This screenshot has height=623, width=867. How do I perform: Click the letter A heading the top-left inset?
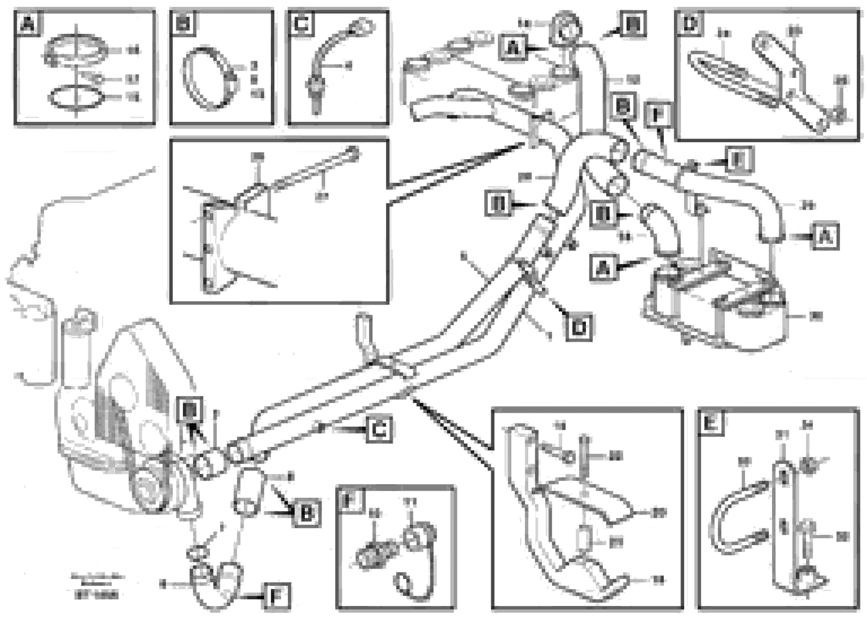(27, 24)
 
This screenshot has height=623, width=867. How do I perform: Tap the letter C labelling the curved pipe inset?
(301, 24)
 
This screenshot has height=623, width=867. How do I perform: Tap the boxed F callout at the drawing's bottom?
(277, 596)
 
